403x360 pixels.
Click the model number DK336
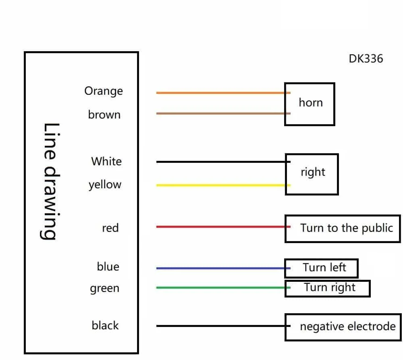tap(366, 59)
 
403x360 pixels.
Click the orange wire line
tap(222, 93)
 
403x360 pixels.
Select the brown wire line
tap(222, 114)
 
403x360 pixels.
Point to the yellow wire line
tap(222, 185)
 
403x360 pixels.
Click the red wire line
tap(222, 227)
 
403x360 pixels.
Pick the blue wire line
tap(222, 268)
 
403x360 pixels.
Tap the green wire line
tap(222, 288)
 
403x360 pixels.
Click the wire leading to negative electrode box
tap(222, 326)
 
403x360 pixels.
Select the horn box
tap(310, 104)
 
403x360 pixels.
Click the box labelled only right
tap(312, 174)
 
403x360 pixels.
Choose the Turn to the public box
tap(343, 229)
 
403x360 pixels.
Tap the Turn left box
tap(321, 268)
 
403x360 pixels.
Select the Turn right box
tap(327, 288)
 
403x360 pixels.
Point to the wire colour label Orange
tap(104, 91)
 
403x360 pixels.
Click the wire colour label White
tap(106, 162)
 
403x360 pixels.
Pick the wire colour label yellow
tap(105, 185)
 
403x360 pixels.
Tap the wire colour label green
tap(104, 289)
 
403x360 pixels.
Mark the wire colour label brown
tap(104, 115)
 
